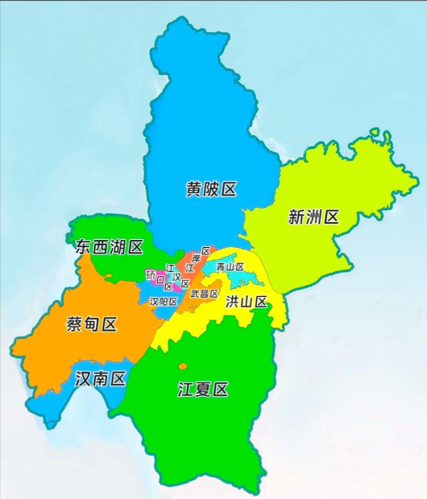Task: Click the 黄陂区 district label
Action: [211, 190]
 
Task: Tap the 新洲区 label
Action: [313, 217]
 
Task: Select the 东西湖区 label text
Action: [109, 247]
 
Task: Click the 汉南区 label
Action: [100, 378]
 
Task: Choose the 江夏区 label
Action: [203, 390]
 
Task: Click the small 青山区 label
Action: [230, 266]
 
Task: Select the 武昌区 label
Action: [204, 294]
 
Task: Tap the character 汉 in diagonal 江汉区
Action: [177, 275]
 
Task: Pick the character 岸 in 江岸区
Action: [196, 258]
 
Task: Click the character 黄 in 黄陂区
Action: [194, 190]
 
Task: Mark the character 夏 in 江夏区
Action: [203, 390]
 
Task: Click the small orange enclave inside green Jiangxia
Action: [184, 365]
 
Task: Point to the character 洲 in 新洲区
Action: [313, 217]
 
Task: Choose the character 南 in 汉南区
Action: [100, 378]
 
